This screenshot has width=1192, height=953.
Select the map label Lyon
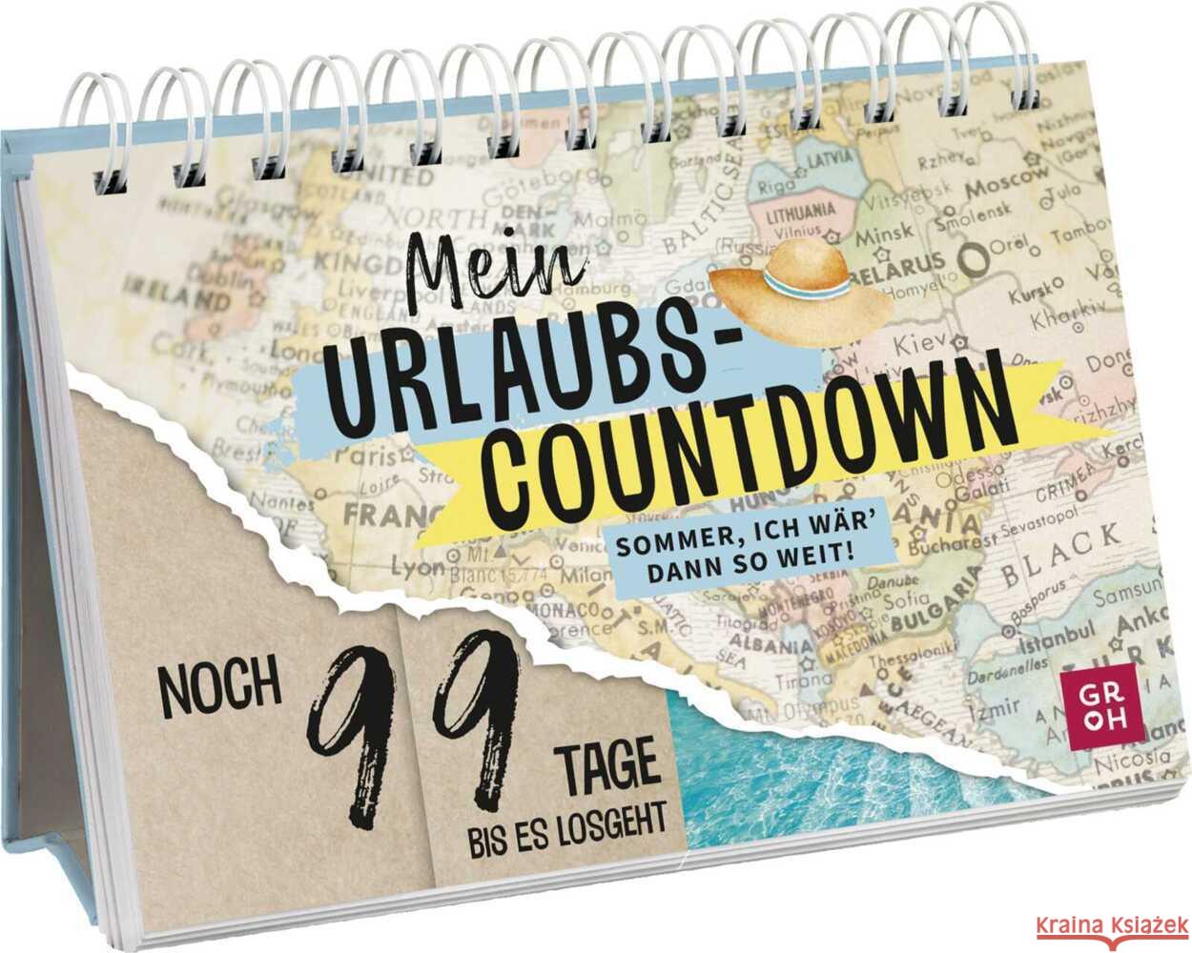(417, 569)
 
